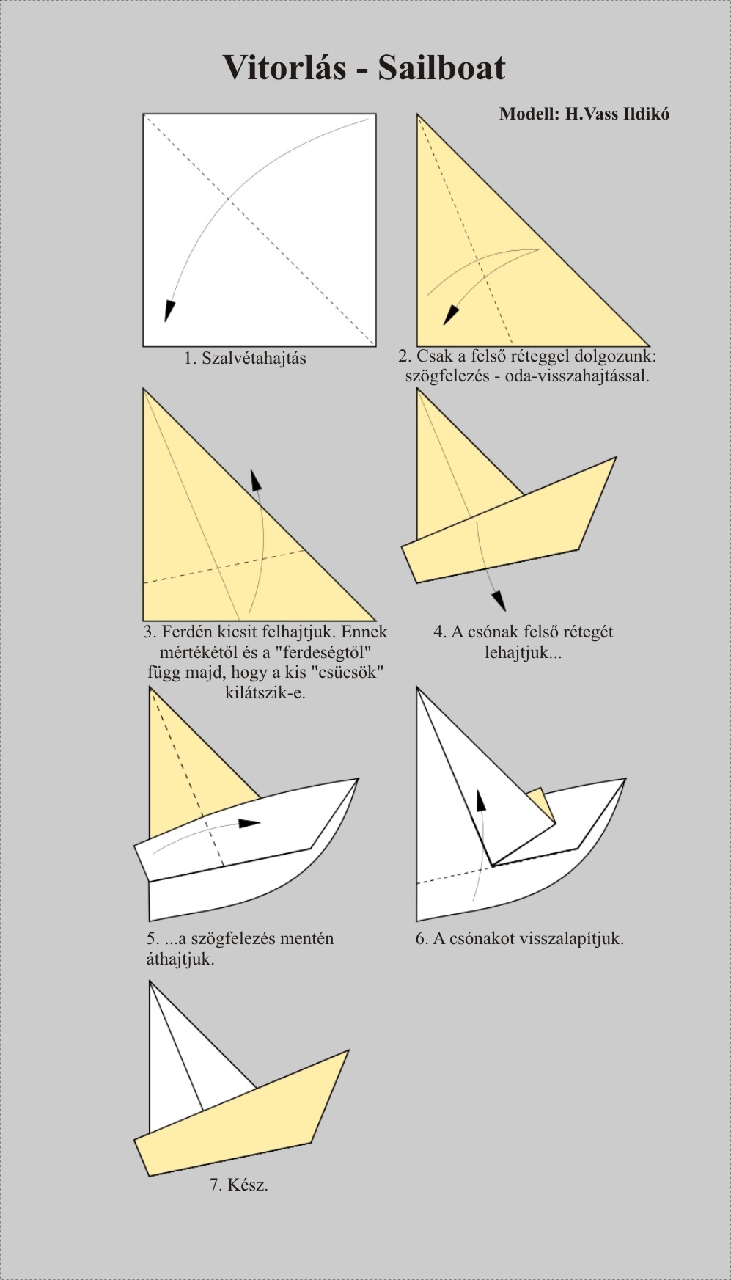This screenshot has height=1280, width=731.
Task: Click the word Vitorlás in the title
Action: coord(284,67)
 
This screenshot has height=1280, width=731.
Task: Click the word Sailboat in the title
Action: coord(441,67)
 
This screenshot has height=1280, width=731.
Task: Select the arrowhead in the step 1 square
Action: coord(169,311)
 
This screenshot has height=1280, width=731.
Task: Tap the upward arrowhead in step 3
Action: coord(255,479)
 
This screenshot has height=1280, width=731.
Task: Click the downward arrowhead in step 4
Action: coord(499,600)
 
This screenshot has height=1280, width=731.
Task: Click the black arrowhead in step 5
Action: coord(250,823)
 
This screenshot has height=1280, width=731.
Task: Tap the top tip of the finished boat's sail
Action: coord(150,981)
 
